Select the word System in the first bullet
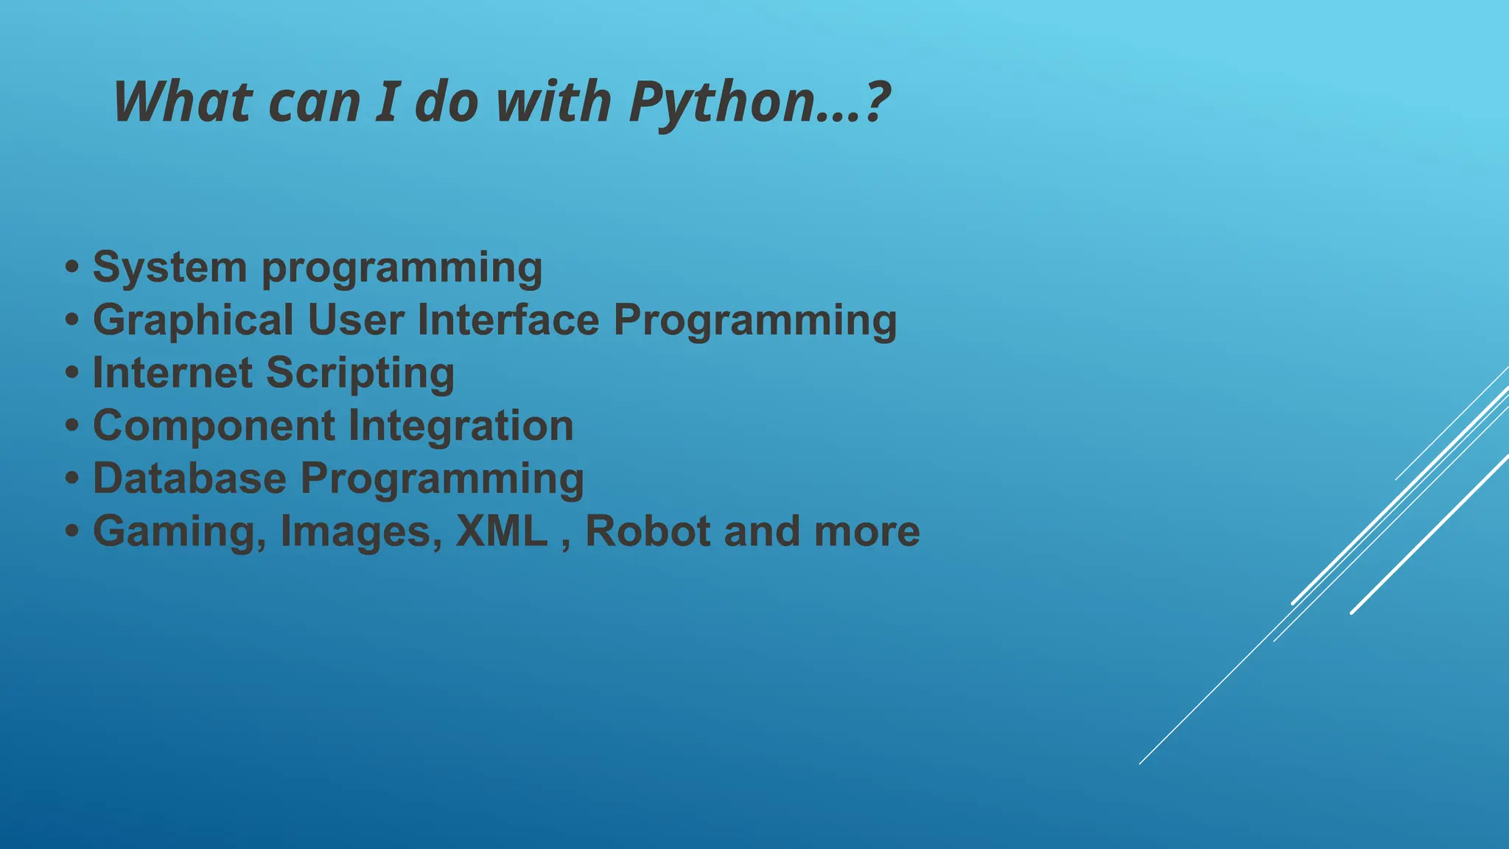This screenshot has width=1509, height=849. pyautogui.click(x=169, y=267)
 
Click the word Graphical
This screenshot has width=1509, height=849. pyautogui.click(x=193, y=320)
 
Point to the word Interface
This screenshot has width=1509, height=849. pyautogui.click(x=508, y=320)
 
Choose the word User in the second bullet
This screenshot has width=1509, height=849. pyautogui.click(x=356, y=320)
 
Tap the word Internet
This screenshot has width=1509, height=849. pyautogui.click(x=172, y=373)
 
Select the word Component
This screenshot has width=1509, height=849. pyautogui.click(x=214, y=426)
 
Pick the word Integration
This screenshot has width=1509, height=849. pyautogui.click(x=461, y=426)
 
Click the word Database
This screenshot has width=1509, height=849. pyautogui.click(x=189, y=478)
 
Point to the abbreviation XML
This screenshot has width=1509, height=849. pyautogui.click(x=502, y=531)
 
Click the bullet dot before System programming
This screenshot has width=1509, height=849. pyautogui.click(x=71, y=267)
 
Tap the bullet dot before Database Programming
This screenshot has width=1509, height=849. pyautogui.click(x=71, y=478)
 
